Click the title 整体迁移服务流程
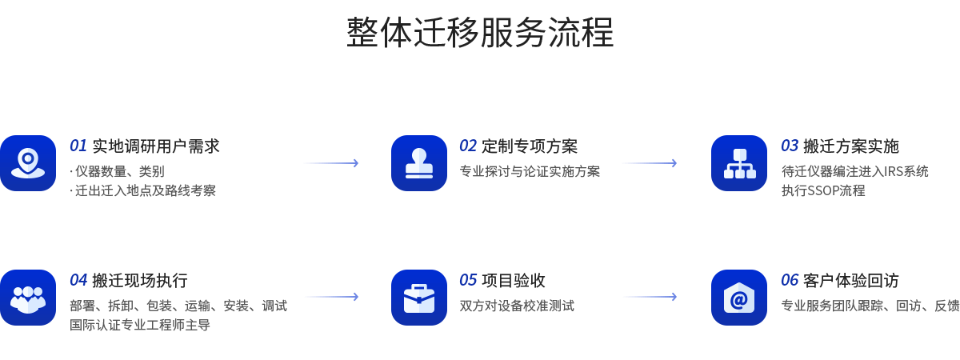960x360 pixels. tap(480, 34)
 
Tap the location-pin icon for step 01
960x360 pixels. tap(28, 163)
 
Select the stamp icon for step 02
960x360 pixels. tap(419, 163)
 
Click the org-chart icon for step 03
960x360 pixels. tap(739, 163)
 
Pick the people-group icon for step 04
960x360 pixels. tap(28, 298)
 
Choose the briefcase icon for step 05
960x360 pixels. tap(419, 298)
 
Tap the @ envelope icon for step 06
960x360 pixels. tap(739, 298)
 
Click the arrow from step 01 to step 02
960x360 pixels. tap(331, 163)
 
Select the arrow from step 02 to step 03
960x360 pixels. tap(650, 163)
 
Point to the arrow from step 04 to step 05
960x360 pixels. tap(331, 297)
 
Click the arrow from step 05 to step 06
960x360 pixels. tap(650, 297)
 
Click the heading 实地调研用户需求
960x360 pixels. tap(156, 146)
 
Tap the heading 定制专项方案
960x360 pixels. tap(530, 146)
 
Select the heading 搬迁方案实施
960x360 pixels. tap(851, 146)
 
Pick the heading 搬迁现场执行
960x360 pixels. tap(140, 281)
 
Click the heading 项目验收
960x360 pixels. tap(514, 281)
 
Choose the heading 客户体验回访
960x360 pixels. tap(851, 281)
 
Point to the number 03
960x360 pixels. tap(790, 146)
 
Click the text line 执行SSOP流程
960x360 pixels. tap(823, 191)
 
